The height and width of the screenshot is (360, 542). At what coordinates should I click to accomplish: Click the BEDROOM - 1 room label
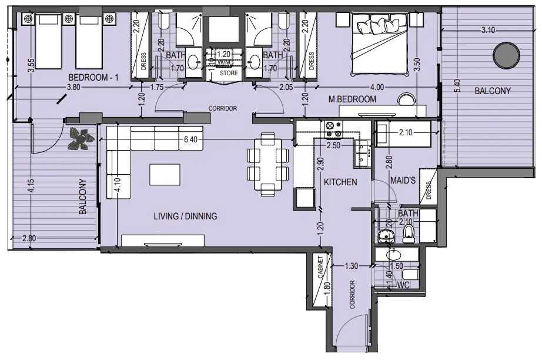93,78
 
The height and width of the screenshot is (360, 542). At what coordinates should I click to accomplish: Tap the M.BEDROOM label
352,99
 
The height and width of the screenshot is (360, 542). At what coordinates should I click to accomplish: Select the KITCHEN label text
340,182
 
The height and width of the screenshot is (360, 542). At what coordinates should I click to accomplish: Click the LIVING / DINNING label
185,216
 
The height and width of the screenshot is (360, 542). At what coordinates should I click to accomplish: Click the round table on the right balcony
506,56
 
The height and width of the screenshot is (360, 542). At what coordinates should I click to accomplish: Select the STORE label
229,74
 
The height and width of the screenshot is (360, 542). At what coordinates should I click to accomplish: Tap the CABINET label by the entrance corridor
322,268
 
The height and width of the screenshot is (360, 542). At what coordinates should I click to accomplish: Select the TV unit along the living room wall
163,241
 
